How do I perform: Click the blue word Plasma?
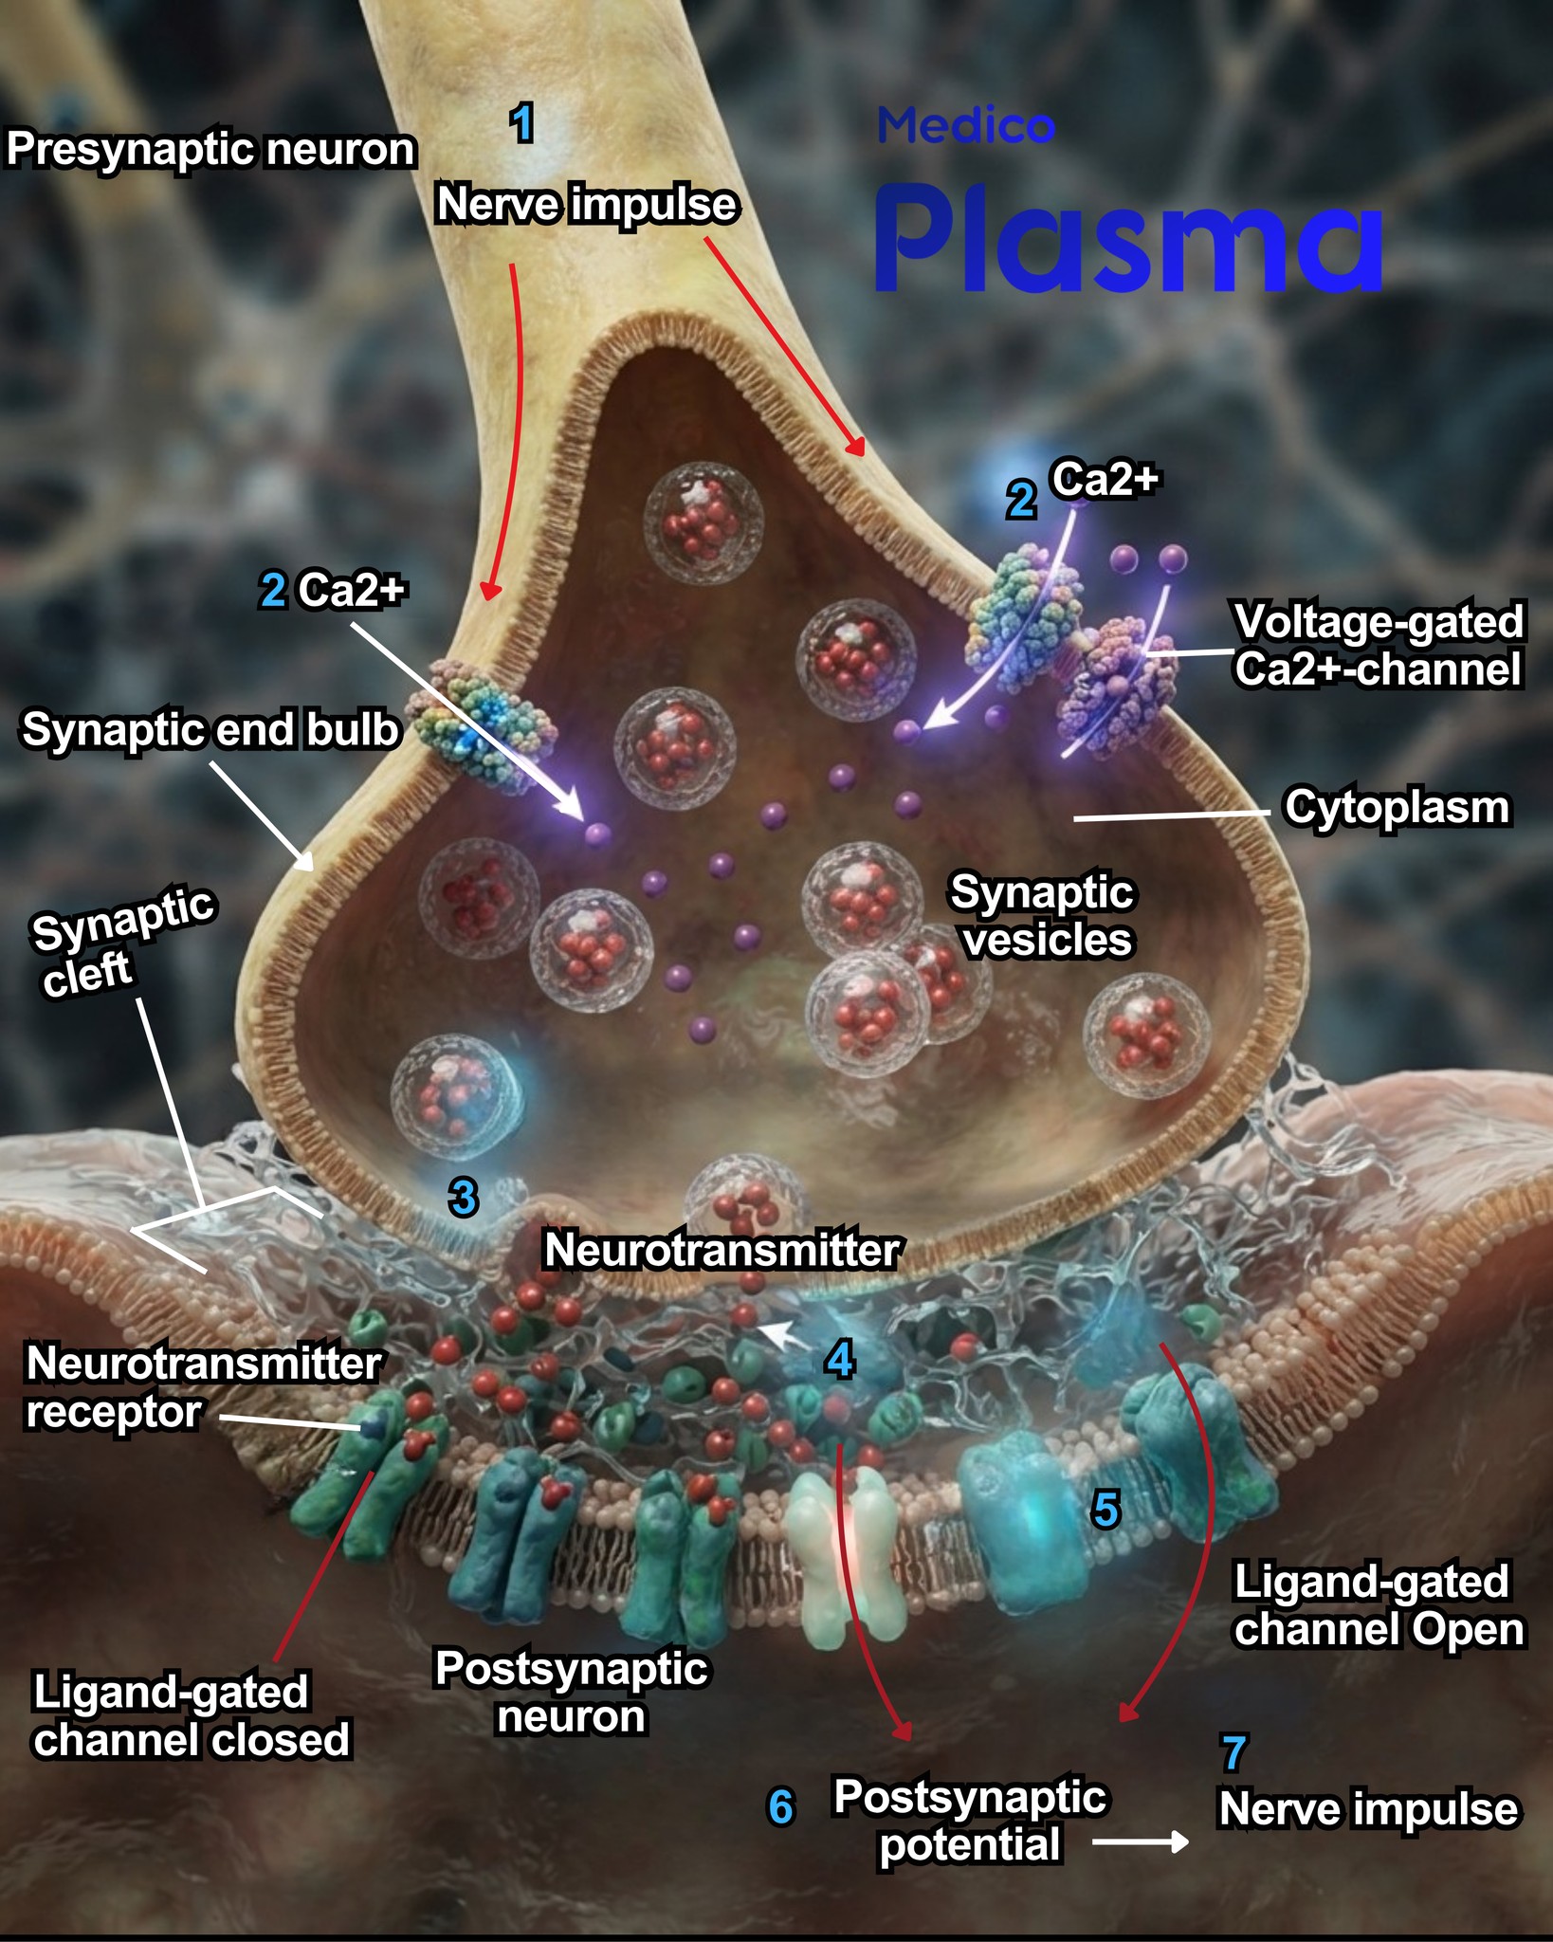(x=1128, y=240)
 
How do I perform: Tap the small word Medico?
(x=965, y=126)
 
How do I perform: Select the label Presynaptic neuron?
(x=210, y=150)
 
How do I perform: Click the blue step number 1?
(x=521, y=123)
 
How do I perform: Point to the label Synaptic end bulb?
(x=210, y=730)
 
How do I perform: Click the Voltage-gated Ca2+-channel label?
(x=1379, y=646)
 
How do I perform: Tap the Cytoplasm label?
(x=1397, y=808)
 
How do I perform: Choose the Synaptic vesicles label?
(x=1043, y=916)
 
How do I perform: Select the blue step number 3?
(x=463, y=1199)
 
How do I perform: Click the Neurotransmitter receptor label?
(x=203, y=1387)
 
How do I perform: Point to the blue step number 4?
(x=840, y=1360)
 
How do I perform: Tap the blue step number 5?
(x=1105, y=1509)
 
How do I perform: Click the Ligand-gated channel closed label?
(x=192, y=1716)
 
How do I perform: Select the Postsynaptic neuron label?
(x=571, y=1693)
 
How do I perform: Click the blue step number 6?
(x=780, y=1807)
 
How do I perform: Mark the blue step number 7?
(x=1233, y=1754)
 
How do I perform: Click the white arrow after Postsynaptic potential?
(x=1141, y=1841)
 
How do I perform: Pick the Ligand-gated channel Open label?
(x=1379, y=1606)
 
